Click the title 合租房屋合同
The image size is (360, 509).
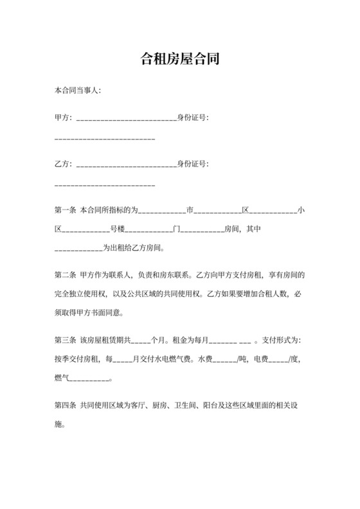pos(180,60)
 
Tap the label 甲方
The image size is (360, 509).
pos(63,118)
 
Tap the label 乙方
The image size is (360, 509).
pos(63,164)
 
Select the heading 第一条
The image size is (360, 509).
pos(66,210)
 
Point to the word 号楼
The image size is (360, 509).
pos(116,229)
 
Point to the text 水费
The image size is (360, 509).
pos(205,359)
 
